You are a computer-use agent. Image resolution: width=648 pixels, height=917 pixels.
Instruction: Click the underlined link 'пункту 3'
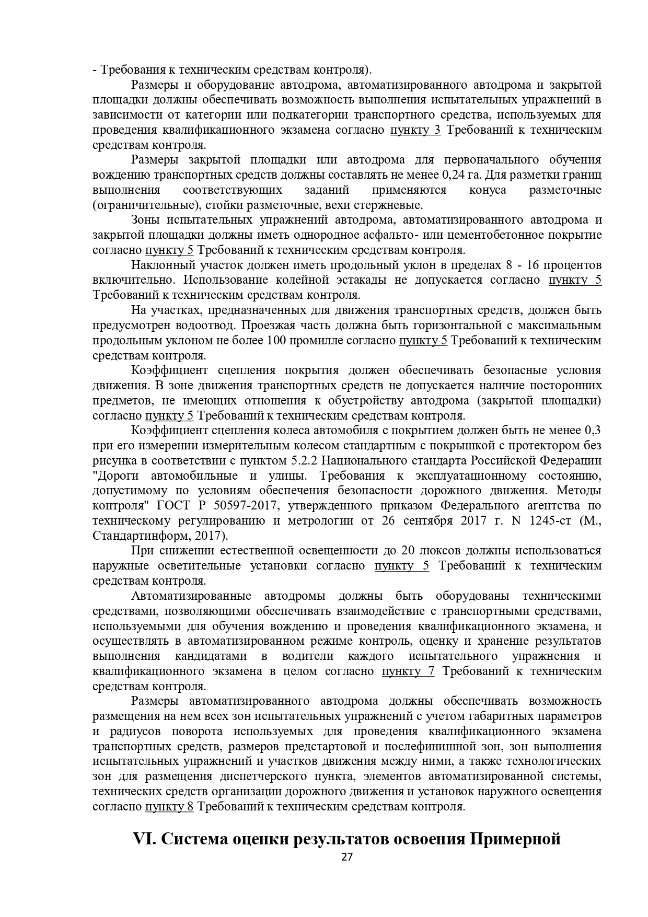[x=415, y=130]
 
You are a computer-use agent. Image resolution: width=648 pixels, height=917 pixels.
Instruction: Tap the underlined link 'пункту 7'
[x=408, y=671]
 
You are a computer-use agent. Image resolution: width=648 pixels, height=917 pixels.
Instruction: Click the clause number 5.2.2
[x=304, y=461]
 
